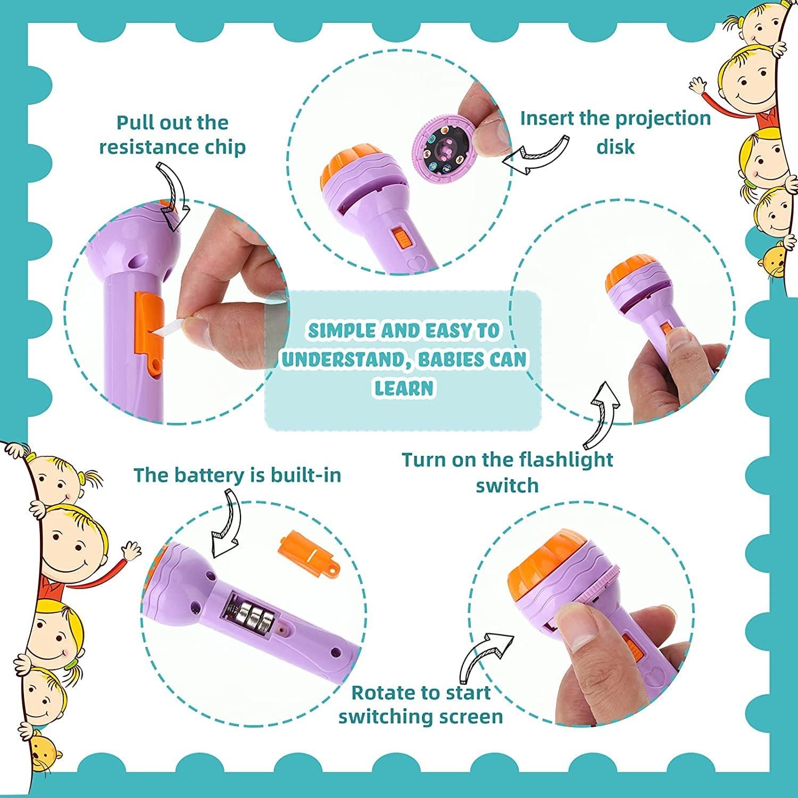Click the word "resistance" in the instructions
pos(142,147)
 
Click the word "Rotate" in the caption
pos(379,693)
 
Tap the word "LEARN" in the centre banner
pos(404,388)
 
